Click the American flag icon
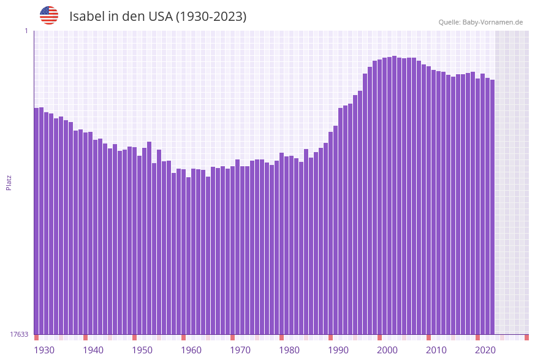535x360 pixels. [49, 15]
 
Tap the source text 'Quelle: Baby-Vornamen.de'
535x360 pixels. [480, 22]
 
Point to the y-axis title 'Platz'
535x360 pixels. [9, 182]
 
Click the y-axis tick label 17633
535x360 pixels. [19, 334]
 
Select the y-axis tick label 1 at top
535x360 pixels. [26, 31]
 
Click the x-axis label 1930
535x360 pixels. [44, 350]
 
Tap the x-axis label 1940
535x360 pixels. [93, 350]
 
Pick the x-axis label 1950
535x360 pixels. [142, 350]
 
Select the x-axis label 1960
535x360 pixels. [191, 350]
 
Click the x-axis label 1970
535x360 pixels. [240, 350]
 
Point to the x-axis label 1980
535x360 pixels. [289, 350]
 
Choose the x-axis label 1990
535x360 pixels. [338, 350]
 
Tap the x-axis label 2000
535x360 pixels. [387, 350]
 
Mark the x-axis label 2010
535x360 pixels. [436, 350]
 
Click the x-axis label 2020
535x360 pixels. [485, 350]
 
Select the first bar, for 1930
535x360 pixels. [36, 221]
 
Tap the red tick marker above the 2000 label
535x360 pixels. [379, 337]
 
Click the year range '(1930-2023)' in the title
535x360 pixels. [211, 17]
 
